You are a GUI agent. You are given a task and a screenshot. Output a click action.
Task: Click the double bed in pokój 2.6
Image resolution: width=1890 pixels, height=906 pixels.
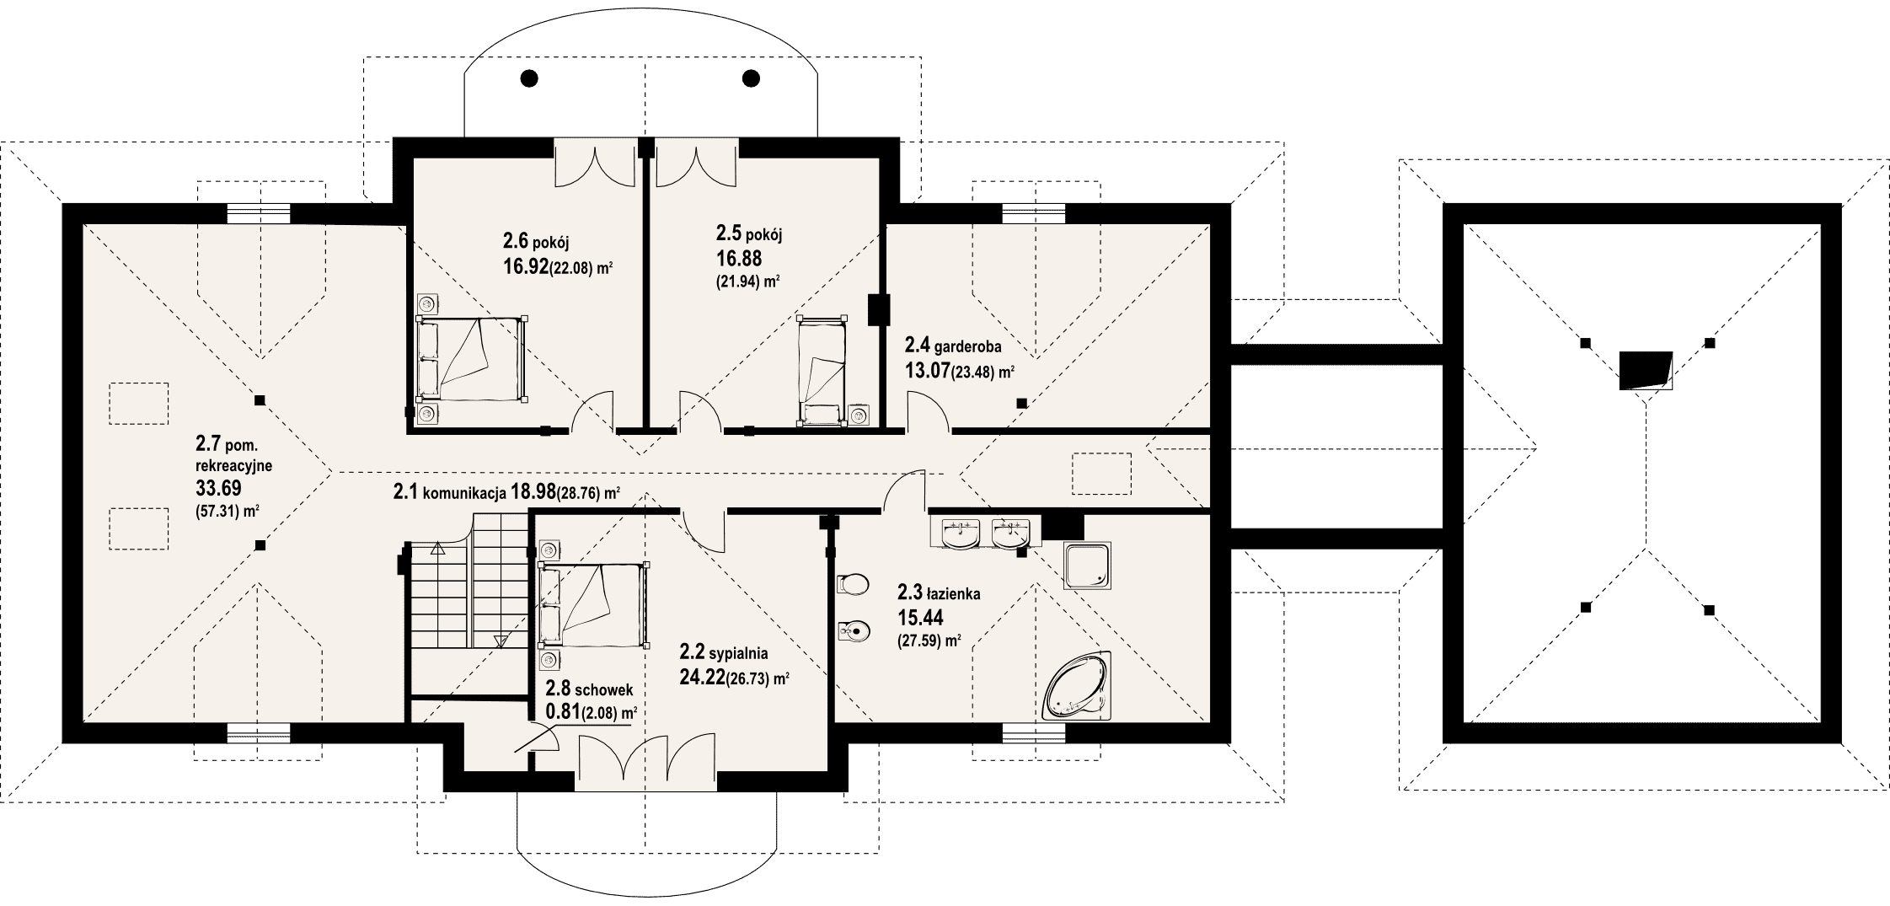pos(472,358)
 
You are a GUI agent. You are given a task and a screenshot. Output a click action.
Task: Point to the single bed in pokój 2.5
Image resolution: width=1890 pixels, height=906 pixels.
pos(822,368)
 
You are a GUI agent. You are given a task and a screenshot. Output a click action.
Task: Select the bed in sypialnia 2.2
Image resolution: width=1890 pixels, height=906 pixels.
pos(594,604)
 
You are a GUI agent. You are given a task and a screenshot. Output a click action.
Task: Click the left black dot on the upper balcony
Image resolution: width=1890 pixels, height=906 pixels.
pos(529,78)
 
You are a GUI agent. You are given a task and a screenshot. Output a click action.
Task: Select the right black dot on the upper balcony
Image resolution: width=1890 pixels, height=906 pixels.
pos(751,78)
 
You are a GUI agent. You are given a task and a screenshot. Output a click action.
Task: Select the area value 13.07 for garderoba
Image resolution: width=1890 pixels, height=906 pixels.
pos(928,371)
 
